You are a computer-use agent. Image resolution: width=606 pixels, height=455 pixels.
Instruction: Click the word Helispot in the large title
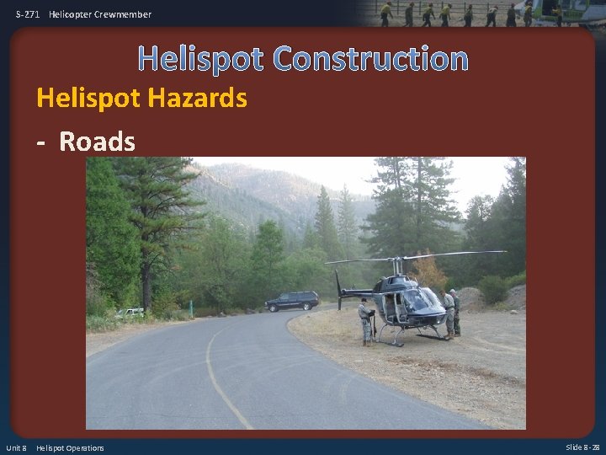pos(201,58)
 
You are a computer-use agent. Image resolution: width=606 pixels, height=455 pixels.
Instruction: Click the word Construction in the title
pos(370,58)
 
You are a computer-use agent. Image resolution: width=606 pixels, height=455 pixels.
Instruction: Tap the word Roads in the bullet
pos(97,142)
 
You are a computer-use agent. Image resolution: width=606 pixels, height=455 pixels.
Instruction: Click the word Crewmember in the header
pos(123,14)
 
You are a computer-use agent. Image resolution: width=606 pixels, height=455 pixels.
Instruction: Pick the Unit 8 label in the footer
pos(17,447)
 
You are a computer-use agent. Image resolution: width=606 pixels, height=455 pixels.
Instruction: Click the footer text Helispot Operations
pos(70,447)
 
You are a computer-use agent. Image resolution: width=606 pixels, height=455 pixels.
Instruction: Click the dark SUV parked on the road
pos(291,301)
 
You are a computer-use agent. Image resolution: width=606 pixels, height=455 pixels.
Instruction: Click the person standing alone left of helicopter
pos(365,321)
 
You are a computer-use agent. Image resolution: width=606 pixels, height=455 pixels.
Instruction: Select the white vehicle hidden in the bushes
pos(130,313)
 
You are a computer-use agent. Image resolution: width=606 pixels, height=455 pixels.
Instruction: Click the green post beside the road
pos(191,307)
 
